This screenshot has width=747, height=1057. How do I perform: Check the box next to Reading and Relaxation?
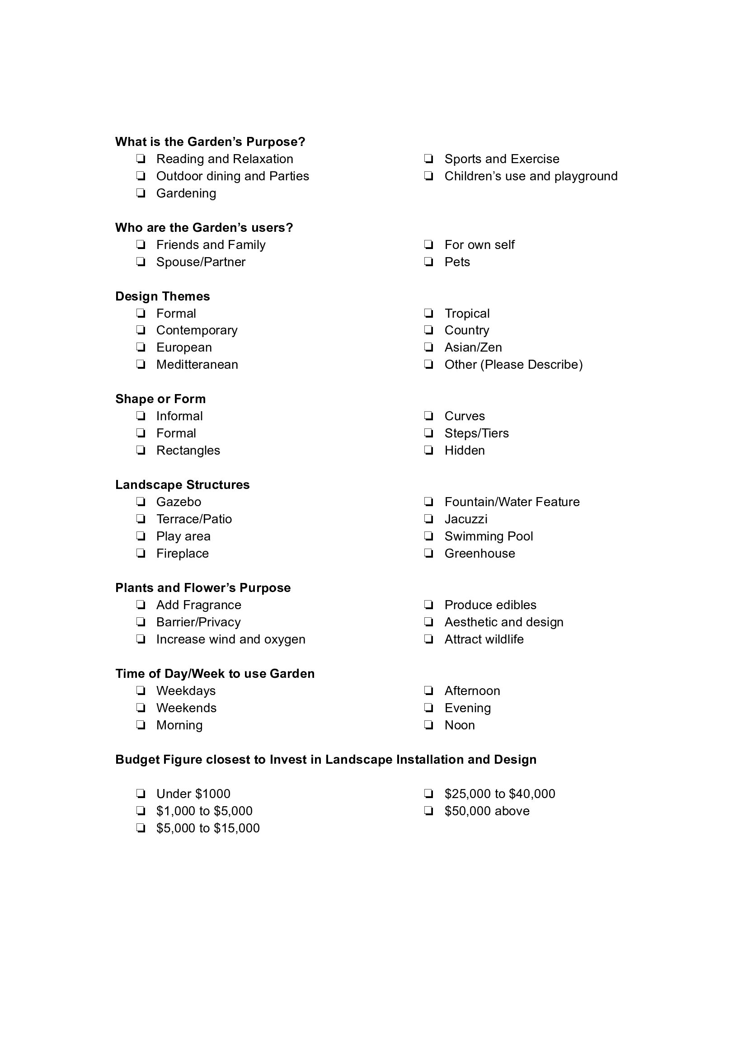[x=141, y=159]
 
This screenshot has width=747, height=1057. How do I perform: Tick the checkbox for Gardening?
[x=141, y=193]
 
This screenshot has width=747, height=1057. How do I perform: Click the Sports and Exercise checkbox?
[x=428, y=159]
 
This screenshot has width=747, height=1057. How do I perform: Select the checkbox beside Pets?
[x=428, y=262]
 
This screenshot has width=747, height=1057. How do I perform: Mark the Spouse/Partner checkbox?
[x=141, y=262]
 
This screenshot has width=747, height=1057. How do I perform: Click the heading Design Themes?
[x=163, y=296]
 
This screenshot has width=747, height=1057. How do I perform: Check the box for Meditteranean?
[x=141, y=365]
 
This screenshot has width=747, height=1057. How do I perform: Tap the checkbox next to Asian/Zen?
[x=428, y=348]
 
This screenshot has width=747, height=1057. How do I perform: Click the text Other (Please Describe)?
[x=513, y=365]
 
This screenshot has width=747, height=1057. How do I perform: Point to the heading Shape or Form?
[x=160, y=399]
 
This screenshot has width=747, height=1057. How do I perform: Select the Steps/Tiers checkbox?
[x=428, y=433]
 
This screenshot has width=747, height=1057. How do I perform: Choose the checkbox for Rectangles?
[x=141, y=450]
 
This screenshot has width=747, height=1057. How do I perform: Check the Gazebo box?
[x=141, y=502]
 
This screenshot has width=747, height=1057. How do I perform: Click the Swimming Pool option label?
[x=489, y=536]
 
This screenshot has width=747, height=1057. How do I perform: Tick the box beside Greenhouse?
[x=428, y=554]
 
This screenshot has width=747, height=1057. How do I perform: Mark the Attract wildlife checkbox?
[x=428, y=639]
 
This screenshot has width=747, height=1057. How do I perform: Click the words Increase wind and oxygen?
[x=230, y=639]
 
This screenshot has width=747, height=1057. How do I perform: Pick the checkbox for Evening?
[x=428, y=708]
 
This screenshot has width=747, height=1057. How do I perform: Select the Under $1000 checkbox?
[x=141, y=794]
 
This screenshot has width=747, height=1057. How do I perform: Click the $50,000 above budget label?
[x=487, y=811]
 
